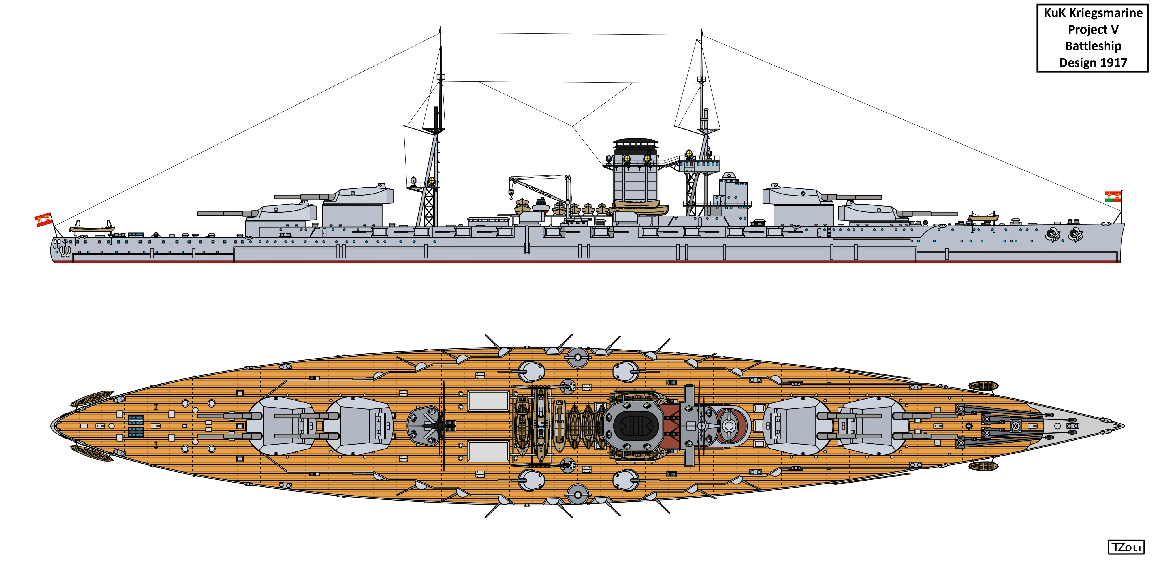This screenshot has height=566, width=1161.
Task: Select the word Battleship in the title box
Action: coord(1093,46)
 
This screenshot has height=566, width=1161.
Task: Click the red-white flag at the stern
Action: coord(44,219)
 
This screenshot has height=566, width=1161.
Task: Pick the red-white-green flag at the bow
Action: coord(1113,197)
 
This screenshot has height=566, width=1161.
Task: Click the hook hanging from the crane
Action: coord(511,194)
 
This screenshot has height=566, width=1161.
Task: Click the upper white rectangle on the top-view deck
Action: coord(488,401)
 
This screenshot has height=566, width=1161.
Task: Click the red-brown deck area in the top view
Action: coord(670,426)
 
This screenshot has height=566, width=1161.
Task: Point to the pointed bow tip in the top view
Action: coord(1124,426)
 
